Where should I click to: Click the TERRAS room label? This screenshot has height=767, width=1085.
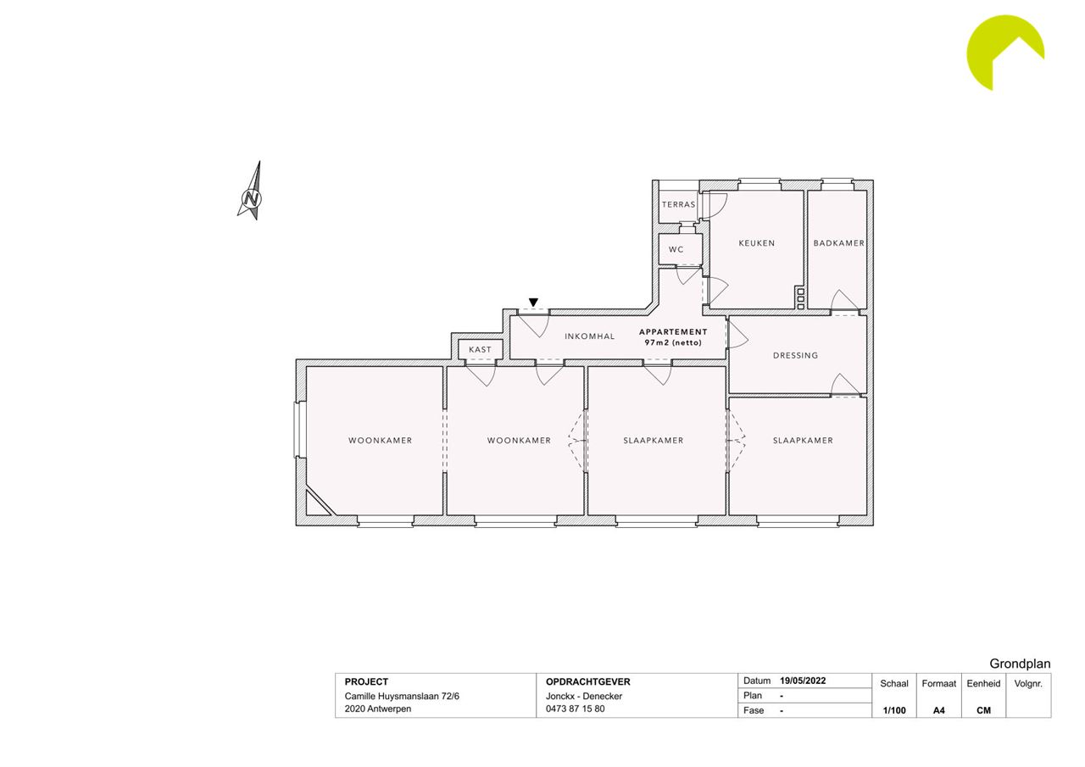point(679,204)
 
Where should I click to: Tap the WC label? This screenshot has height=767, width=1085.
point(676,249)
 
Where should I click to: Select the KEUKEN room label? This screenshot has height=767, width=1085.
point(757,243)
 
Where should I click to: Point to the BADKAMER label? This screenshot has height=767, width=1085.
point(839,243)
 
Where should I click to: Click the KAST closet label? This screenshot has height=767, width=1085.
point(480,349)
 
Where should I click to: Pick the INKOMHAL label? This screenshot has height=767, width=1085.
point(589,336)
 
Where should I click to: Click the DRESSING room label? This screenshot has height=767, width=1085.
point(795,355)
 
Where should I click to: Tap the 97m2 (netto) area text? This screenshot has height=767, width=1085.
point(673,342)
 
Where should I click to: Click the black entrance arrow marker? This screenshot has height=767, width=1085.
point(533,303)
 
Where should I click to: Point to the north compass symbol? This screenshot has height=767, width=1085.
point(251,192)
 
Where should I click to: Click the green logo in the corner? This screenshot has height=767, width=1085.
point(1005,53)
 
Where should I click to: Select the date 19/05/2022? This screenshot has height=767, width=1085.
point(803,681)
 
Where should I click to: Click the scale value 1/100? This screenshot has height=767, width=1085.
point(894,710)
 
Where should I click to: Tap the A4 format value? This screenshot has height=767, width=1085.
point(938,710)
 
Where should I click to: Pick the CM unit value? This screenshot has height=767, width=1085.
point(983,710)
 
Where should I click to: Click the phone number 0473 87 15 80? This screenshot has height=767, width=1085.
point(575,709)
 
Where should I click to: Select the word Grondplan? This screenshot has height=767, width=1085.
point(1020,664)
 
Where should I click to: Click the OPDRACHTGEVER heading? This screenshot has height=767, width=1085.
point(588,681)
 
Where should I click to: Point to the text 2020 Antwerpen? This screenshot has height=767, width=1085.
point(378,709)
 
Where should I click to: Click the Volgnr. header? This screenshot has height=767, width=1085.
point(1028,684)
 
